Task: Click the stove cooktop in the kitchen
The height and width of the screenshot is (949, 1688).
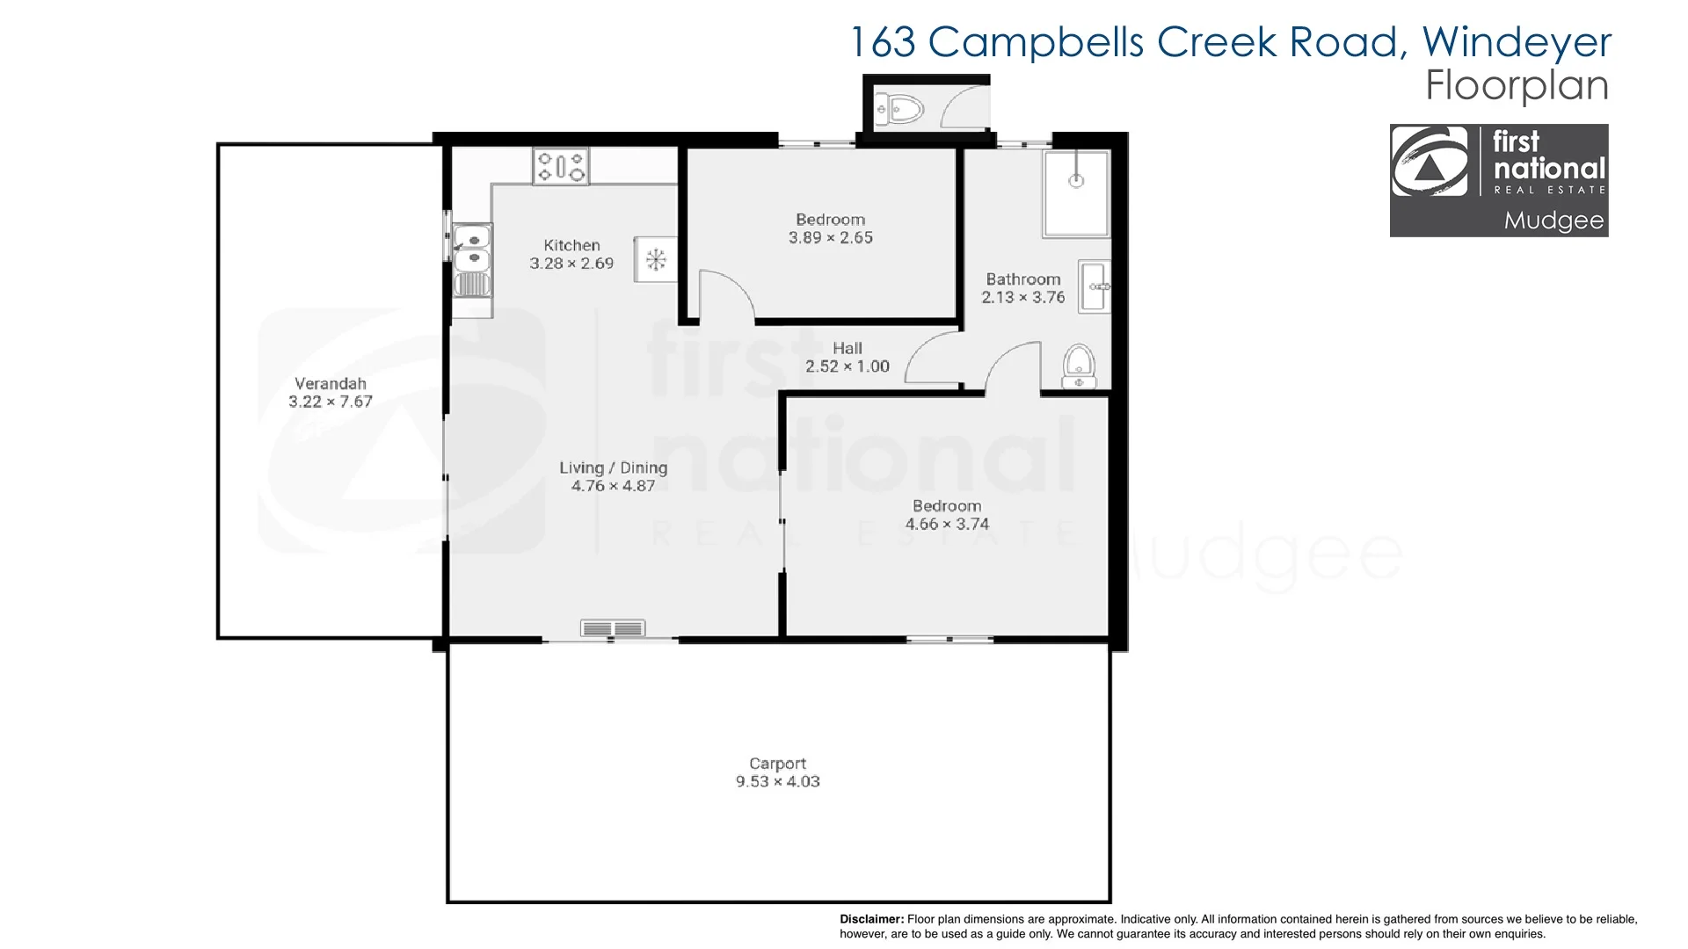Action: [x=561, y=165]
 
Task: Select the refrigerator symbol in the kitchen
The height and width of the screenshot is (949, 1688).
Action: [x=655, y=259]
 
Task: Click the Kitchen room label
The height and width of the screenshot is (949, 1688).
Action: [x=571, y=245]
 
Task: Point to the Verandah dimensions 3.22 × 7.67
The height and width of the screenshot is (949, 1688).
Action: [x=331, y=402]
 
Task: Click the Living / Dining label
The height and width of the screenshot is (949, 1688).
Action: [x=613, y=467]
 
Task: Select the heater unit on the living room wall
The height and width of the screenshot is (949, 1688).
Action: [x=613, y=628]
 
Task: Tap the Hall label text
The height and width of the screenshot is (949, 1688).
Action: [x=848, y=348]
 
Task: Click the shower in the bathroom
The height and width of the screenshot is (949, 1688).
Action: [x=1076, y=192]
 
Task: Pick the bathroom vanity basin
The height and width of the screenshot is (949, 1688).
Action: [x=1095, y=286]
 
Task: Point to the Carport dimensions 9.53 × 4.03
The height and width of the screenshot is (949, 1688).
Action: [x=778, y=781]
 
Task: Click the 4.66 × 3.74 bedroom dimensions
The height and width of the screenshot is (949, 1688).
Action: [x=947, y=524]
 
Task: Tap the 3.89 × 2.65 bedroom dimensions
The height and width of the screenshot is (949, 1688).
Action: [x=831, y=237]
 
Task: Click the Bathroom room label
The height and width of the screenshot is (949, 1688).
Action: [x=1023, y=279]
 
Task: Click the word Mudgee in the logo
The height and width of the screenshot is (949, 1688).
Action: [x=1553, y=221]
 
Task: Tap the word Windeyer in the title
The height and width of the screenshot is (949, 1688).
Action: [x=1517, y=41]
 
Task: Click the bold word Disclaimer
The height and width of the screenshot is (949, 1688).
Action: [x=871, y=919]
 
